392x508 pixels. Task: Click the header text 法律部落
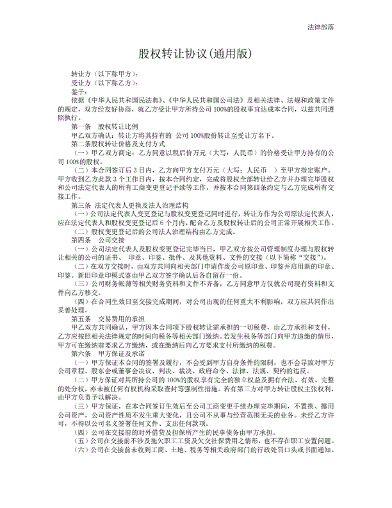coord(325,28)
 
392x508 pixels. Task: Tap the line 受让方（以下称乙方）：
coord(104,83)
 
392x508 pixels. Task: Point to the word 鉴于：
coord(79,92)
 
